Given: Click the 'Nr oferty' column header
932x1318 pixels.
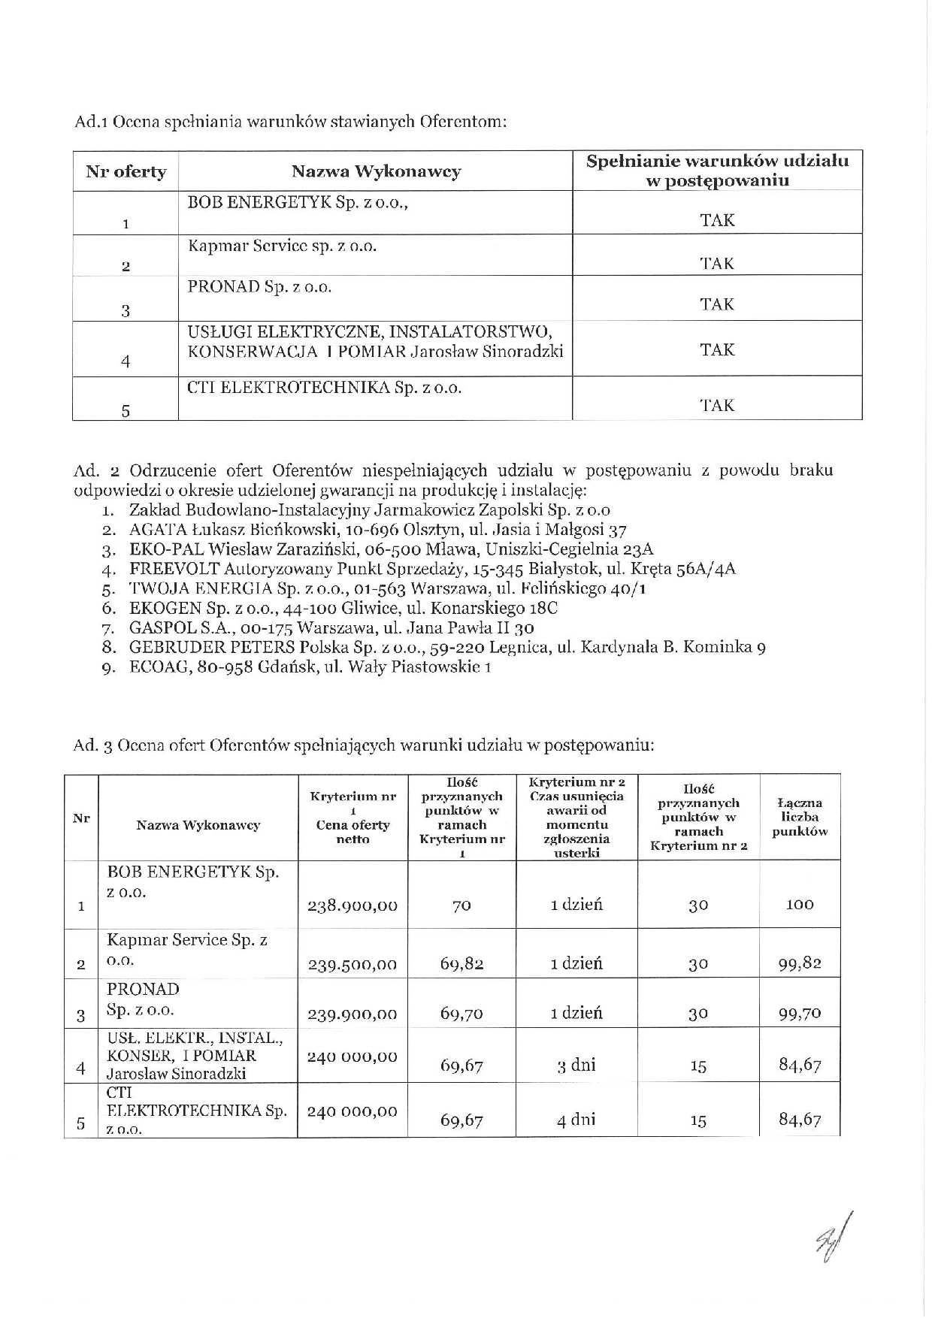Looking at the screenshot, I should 126,171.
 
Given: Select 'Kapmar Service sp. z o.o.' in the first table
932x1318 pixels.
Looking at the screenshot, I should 282,246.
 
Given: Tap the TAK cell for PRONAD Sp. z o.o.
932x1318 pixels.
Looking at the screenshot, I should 716,304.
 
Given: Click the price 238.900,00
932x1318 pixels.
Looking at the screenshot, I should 353,905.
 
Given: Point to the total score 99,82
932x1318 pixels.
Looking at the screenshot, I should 800,963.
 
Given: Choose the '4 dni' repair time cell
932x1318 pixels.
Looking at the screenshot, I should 576,1120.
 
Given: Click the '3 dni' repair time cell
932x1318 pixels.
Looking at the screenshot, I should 576,1065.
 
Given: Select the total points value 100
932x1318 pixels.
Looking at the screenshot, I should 800,905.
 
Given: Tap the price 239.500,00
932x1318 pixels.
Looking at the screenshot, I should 353,964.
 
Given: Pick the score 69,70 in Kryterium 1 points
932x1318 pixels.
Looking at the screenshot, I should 461,1014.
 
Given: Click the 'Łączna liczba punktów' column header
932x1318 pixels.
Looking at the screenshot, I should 800,817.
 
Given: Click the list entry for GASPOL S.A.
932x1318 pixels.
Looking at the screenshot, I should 331,627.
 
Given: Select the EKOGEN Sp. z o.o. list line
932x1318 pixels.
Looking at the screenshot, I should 343,608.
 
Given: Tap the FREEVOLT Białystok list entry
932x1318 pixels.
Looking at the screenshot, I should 432,569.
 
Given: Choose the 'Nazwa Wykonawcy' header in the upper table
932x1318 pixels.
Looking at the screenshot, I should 375,171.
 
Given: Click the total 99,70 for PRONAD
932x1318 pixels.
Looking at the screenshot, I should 800,1014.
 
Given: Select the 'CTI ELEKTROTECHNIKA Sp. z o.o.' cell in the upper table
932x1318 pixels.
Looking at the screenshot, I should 324,388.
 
